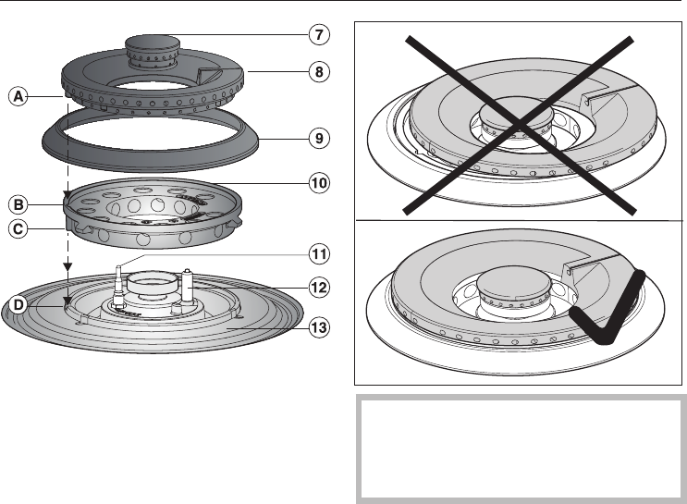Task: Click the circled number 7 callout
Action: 318,36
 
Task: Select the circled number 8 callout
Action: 318,71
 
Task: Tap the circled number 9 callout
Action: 318,139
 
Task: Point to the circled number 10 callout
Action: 318,182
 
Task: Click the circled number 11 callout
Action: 318,252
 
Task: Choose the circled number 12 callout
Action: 318,288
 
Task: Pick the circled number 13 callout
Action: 318,326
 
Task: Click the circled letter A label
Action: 17,94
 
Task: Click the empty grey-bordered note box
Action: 521,449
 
